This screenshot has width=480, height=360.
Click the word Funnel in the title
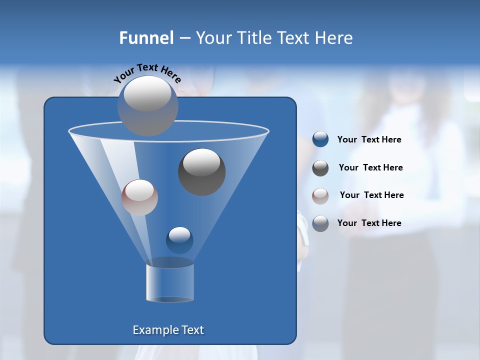coord(146,38)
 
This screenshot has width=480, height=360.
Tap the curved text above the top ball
coord(147,72)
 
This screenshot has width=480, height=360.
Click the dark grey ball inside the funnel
coord(201,172)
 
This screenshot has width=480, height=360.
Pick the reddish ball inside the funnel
coord(139,197)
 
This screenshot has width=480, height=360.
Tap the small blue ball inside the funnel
coord(179,240)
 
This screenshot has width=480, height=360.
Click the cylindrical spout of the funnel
coord(170,282)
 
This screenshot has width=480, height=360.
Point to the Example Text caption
coord(168,330)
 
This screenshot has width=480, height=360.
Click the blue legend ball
coord(320,139)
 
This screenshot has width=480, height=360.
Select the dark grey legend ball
coord(320,168)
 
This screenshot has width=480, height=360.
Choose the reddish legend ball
coord(320,195)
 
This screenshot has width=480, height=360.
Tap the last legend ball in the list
coord(320,223)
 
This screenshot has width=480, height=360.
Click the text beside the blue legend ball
coord(369,140)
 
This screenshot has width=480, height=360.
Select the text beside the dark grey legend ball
coord(370,168)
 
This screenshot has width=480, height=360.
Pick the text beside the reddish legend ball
coord(371,195)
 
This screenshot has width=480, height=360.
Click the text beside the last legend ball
coord(369,223)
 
